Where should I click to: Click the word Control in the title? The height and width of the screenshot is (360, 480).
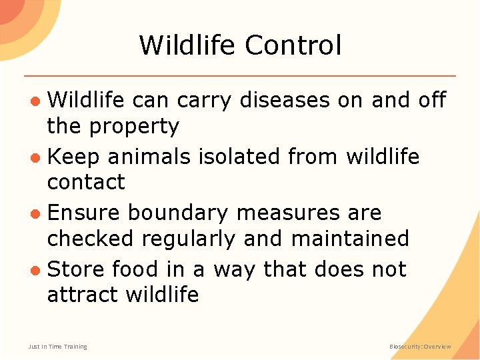[293, 45]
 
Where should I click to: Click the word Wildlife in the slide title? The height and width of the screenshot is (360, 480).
[187, 45]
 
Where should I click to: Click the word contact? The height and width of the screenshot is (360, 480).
[86, 182]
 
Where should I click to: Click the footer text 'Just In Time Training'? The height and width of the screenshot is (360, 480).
[57, 347]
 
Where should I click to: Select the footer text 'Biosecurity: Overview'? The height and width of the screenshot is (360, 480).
[420, 347]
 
